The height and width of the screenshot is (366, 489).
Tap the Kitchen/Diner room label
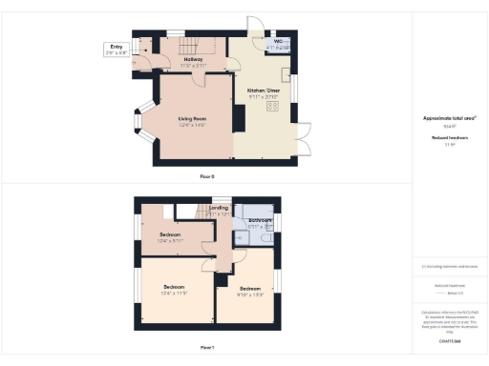(264, 94)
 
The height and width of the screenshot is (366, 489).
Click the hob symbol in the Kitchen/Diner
(272, 108)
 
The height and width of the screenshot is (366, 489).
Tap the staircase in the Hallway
(188, 44)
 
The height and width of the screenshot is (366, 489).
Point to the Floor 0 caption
(207, 177)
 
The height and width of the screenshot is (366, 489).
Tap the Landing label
(218, 210)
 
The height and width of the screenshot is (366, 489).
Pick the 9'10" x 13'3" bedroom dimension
(249, 294)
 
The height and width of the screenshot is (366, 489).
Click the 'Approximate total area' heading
(450, 117)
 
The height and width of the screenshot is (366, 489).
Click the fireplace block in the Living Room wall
(239, 118)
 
